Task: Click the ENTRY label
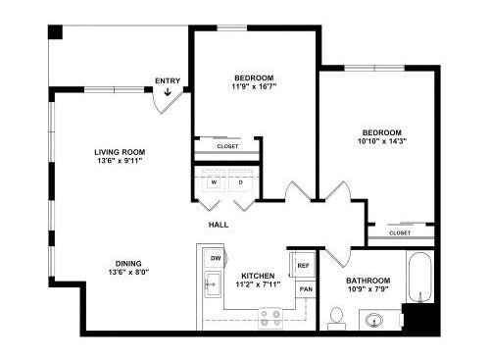pyautogui.click(x=168, y=80)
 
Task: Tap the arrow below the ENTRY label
pyautogui.click(x=168, y=92)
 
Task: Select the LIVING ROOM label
pyautogui.click(x=120, y=152)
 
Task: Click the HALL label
pyautogui.click(x=219, y=225)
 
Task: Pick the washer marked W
pyautogui.click(x=214, y=182)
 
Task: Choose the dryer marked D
pyautogui.click(x=241, y=182)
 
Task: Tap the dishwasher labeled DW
pyautogui.click(x=215, y=258)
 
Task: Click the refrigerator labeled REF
pyautogui.click(x=303, y=265)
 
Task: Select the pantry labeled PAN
pyautogui.click(x=306, y=289)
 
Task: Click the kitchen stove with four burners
pyautogui.click(x=270, y=319)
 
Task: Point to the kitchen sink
pyautogui.click(x=213, y=284)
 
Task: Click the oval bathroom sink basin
pyautogui.click(x=374, y=320)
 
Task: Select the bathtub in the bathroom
pyautogui.click(x=420, y=278)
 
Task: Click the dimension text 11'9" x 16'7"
pyautogui.click(x=254, y=86)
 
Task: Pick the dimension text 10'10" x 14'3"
pyautogui.click(x=382, y=141)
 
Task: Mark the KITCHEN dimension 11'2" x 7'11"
pyautogui.click(x=258, y=284)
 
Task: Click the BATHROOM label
pyautogui.click(x=368, y=281)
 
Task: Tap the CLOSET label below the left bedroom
pyautogui.click(x=227, y=146)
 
